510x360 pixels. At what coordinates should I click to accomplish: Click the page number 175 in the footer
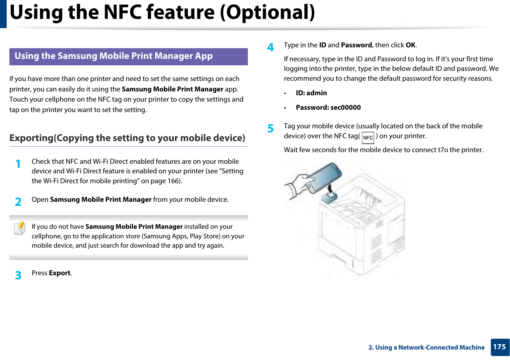coord(500,347)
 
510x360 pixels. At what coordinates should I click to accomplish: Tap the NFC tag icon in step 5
coord(368,138)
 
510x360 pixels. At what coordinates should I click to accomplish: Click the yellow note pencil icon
coord(20,228)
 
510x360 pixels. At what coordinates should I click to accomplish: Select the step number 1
coord(18,164)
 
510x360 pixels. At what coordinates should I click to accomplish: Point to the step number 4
coord(271,47)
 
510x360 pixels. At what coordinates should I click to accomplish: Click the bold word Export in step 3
coord(60,273)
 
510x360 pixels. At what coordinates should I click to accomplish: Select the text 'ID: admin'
coord(311,93)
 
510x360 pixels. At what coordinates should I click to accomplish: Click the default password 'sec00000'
coord(346,107)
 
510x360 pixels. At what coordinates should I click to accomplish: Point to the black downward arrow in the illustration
coord(330,188)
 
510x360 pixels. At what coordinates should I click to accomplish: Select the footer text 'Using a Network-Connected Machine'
coord(430,347)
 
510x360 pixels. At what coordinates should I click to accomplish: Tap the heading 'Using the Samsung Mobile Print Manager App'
coord(114,56)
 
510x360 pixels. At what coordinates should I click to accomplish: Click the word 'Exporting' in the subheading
coord(32,138)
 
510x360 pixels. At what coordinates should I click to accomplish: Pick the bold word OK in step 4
coord(411,45)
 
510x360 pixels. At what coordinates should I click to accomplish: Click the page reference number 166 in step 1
coord(173,181)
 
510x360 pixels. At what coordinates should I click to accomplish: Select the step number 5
coord(271,128)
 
